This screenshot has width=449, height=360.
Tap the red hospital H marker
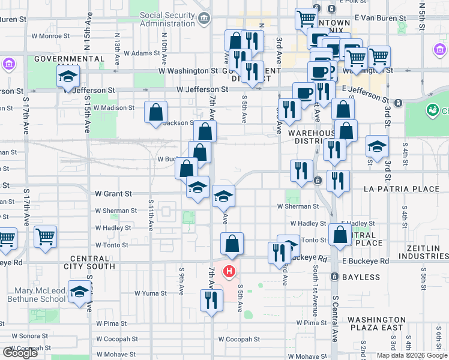[x=229, y=272]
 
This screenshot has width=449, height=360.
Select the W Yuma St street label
[x=150, y=293]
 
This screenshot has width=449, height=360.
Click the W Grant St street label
[x=113, y=194]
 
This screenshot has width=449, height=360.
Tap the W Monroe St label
[x=50, y=36]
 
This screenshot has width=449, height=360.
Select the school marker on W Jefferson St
[x=68, y=76]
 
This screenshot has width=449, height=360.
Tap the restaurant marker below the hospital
[x=210, y=299]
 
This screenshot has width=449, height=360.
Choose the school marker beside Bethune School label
[x=79, y=292]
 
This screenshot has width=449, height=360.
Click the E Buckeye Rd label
[x=365, y=262]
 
